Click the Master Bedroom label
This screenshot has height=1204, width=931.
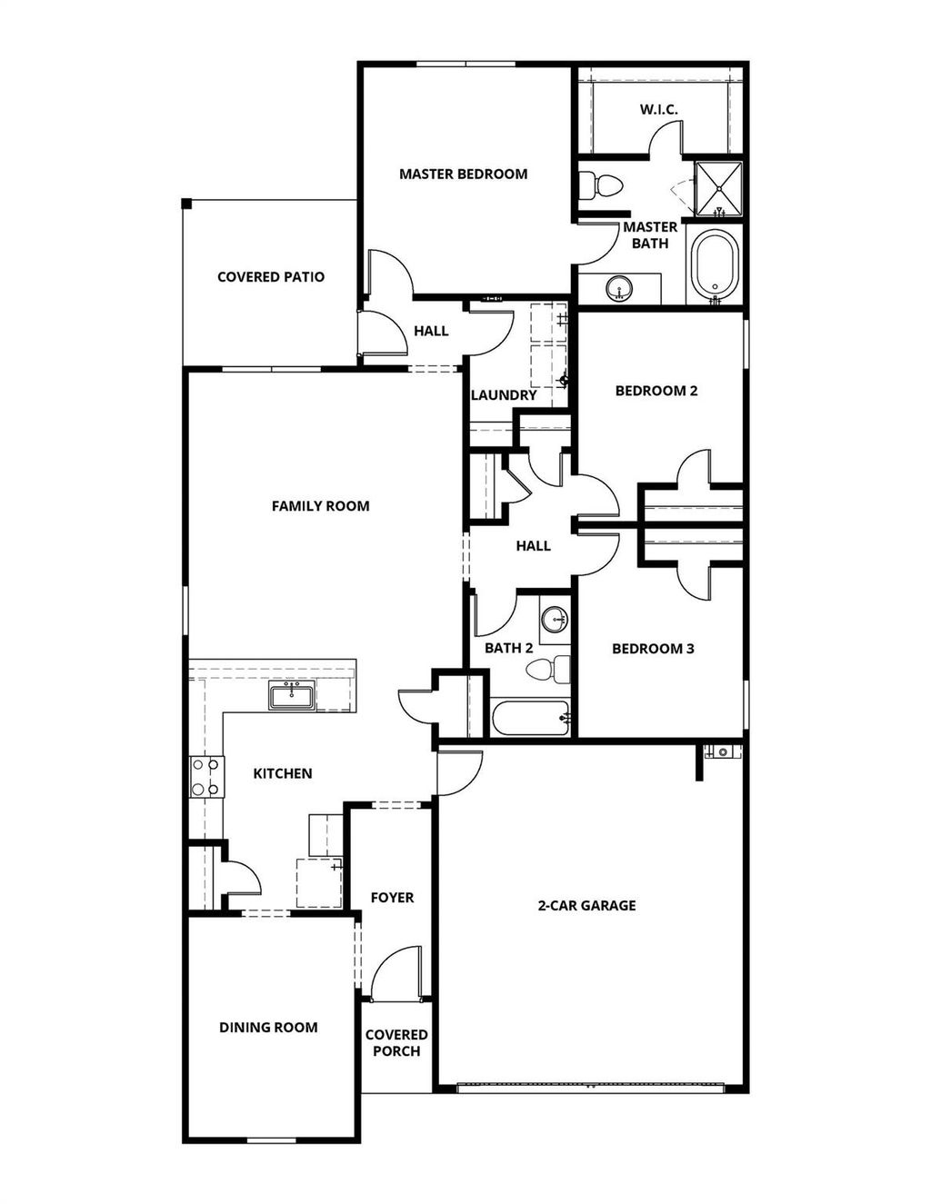pyautogui.click(x=463, y=174)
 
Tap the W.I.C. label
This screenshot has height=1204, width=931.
pyautogui.click(x=658, y=109)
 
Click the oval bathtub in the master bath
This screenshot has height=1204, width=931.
pyautogui.click(x=716, y=265)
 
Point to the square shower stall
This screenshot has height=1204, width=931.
pyautogui.click(x=718, y=189)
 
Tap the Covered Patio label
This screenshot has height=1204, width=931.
pyautogui.click(x=271, y=276)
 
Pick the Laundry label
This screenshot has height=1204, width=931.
pyautogui.click(x=504, y=395)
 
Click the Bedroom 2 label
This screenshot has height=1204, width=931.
pyautogui.click(x=656, y=391)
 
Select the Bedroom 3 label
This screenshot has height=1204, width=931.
pyautogui.click(x=653, y=648)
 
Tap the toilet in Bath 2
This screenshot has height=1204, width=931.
pyautogui.click(x=549, y=671)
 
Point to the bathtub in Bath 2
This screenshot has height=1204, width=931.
pyautogui.click(x=532, y=719)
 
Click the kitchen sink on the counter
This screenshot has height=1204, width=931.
pyautogui.click(x=292, y=698)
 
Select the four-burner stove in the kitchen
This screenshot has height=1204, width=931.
pyautogui.click(x=205, y=777)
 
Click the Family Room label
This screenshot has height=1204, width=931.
pyautogui.click(x=320, y=505)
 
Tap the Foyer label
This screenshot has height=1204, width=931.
pyautogui.click(x=392, y=897)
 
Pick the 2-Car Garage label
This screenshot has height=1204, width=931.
pyautogui.click(x=586, y=905)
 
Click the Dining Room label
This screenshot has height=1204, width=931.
pyautogui.click(x=268, y=1027)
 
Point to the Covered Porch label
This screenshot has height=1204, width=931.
pyautogui.click(x=396, y=1042)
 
